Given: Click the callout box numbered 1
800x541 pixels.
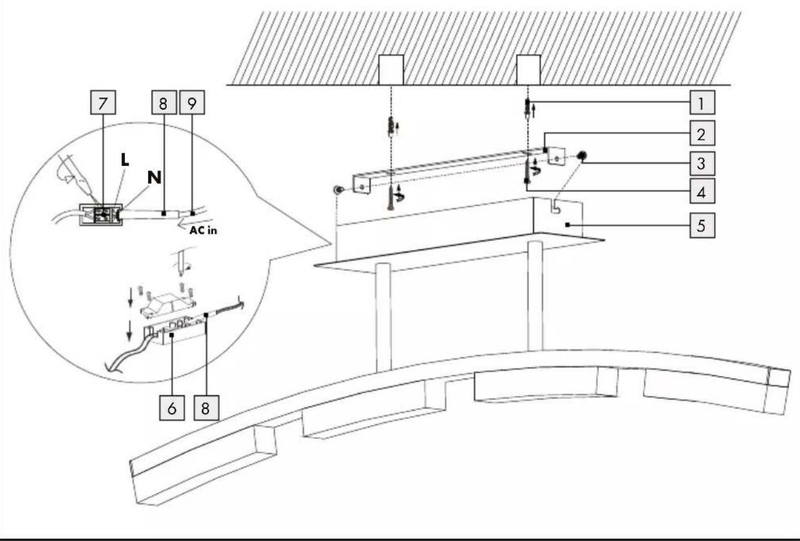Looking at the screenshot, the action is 702,102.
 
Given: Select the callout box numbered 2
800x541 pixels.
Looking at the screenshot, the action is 702,133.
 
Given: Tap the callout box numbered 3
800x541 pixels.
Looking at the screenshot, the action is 702,164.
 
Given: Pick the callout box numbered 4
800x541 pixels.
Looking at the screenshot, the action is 702,191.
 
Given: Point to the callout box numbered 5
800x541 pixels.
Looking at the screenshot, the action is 702,225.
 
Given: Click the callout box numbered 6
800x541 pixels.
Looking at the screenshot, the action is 172,408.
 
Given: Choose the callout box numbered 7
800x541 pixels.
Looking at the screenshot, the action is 103,102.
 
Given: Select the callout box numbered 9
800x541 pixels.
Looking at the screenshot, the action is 192,102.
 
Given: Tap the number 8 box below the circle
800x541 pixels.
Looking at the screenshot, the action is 206,408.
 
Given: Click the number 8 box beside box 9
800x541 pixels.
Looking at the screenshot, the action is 164,102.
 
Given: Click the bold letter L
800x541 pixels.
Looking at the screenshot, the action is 124,160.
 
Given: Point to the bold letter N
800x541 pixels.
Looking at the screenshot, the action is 154,177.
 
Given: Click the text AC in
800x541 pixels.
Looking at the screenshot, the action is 203,230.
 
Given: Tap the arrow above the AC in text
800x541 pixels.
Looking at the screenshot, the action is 195,222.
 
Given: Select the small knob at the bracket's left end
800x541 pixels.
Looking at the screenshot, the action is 338,189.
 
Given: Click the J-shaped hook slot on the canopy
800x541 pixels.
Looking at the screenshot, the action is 555,207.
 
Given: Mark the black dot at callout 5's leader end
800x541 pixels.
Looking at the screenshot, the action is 567,225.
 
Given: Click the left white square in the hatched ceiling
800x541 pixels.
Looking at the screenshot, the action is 391,70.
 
